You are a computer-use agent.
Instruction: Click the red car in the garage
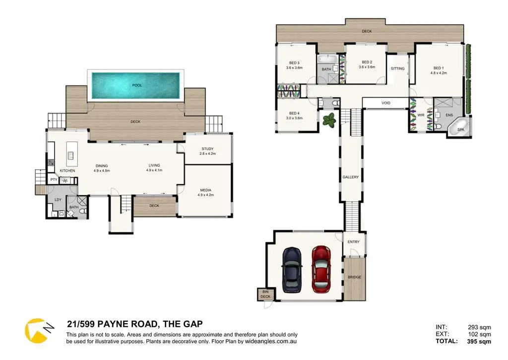tap(321, 269)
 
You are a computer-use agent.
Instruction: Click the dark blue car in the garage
tap(292, 270)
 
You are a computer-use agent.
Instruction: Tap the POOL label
tap(137, 85)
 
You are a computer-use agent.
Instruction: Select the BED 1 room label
tap(439, 68)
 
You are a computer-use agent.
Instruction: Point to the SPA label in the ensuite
tap(461, 130)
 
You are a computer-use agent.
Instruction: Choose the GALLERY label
tap(351, 177)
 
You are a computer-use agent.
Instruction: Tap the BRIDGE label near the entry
tap(354, 277)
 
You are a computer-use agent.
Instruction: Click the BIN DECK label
tap(265, 294)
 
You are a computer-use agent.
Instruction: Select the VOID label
tap(386, 103)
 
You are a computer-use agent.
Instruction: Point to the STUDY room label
tap(208, 149)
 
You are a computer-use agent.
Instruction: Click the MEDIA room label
tap(206, 190)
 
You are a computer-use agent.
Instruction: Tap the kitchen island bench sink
tap(70, 156)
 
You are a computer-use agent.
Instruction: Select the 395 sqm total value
tap(479, 341)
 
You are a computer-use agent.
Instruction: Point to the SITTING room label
tap(397, 69)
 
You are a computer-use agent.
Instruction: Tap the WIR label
tap(421, 115)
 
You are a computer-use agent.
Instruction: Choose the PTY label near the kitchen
tap(54, 180)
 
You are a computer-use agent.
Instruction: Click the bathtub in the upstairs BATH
tap(328, 59)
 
